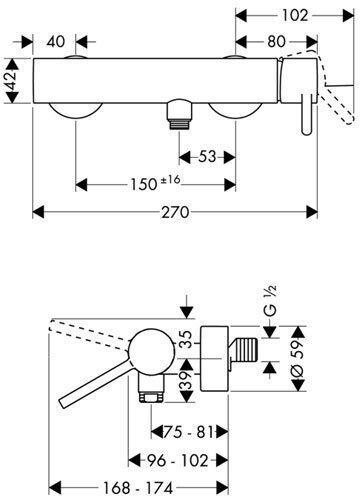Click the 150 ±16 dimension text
point(159,183)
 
